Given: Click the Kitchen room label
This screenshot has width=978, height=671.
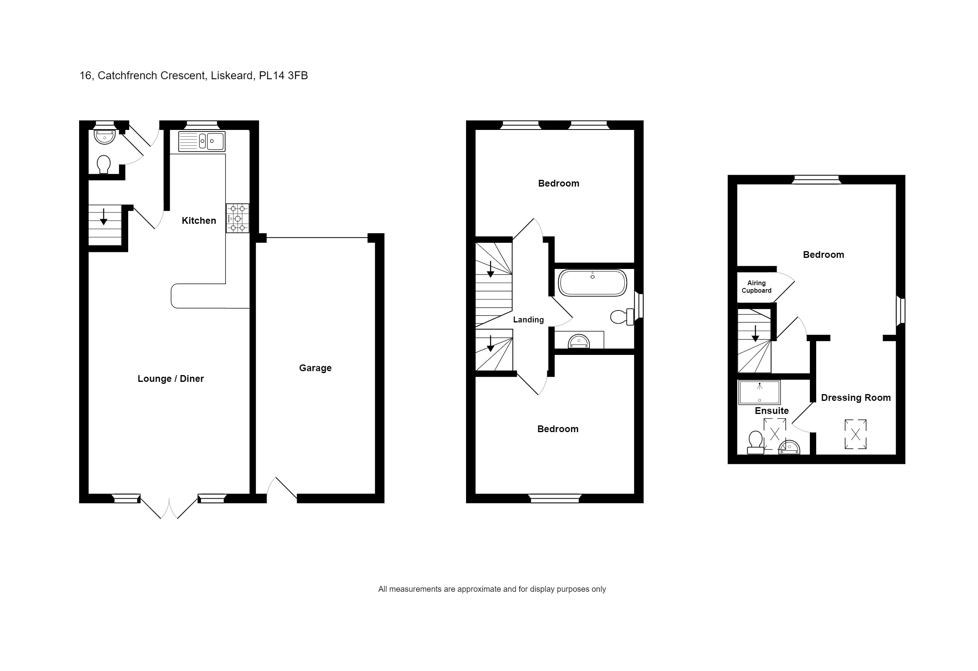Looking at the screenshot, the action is (199, 221).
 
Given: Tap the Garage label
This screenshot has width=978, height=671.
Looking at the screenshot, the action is (315, 368).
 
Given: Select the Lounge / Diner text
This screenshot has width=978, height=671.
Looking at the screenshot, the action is (171, 379).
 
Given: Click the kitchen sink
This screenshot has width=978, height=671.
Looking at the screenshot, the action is (202, 141).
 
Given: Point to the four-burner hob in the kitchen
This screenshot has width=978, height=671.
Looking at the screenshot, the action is (237, 218).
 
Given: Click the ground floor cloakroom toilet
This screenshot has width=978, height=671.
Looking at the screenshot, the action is (104, 164).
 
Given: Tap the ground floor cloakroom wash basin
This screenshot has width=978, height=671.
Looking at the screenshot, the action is (104, 137).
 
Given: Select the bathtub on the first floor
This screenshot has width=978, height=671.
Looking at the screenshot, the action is (592, 283).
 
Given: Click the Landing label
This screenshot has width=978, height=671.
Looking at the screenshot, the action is (528, 320).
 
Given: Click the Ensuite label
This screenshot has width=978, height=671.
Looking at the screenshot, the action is (771, 411).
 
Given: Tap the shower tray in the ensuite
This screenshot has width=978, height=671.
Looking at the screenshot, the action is (759, 392).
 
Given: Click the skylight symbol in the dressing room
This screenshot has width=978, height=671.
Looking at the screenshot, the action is (855, 434).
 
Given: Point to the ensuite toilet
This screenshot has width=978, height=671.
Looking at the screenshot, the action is (755, 443).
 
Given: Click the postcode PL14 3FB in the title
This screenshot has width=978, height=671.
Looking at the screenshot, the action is (283, 76).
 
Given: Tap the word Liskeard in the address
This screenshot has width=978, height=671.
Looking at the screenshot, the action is (232, 76).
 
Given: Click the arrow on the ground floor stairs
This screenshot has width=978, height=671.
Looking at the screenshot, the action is (104, 217).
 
